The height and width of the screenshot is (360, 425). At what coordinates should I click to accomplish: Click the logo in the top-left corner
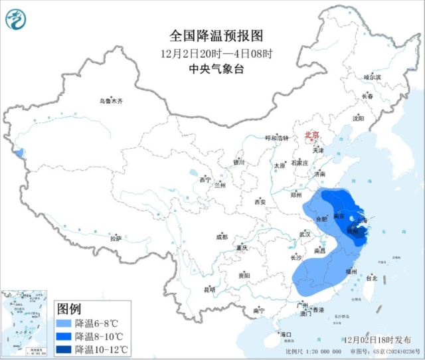pyautogui.click(x=15, y=19)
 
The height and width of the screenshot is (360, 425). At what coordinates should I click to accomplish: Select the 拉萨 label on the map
pyautogui.click(x=116, y=238)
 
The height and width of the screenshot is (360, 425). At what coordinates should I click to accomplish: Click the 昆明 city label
pyautogui.click(x=210, y=290)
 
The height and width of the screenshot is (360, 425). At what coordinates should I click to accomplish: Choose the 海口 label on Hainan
pyautogui.click(x=286, y=333)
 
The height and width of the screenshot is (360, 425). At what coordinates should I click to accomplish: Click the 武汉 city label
pyautogui.click(x=305, y=234)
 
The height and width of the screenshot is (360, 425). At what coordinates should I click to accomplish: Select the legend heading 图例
pyautogui.click(x=69, y=309)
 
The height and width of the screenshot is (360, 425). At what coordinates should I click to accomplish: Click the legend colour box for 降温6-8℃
pyautogui.click(x=64, y=323)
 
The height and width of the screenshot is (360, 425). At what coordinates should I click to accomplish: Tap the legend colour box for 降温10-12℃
pyautogui.click(x=64, y=349)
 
